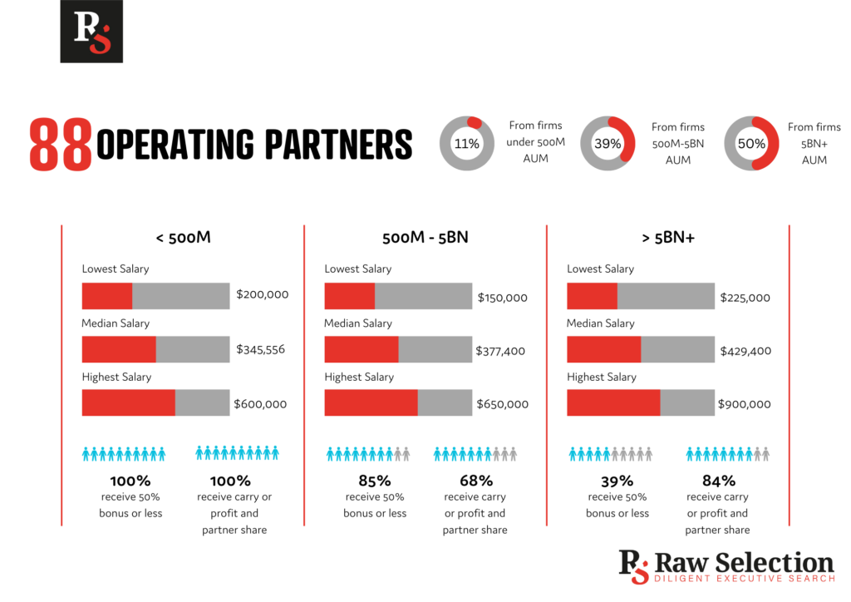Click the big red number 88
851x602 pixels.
tap(61, 145)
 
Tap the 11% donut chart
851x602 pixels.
tap(467, 143)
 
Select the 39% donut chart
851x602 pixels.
tap(608, 143)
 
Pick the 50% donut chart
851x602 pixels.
tap(751, 143)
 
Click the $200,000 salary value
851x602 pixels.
tap(263, 294)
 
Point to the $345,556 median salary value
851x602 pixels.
tap(260, 349)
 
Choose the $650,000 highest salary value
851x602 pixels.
tap(502, 404)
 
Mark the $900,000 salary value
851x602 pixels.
tap(745, 404)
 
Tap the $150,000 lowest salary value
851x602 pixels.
tap(502, 298)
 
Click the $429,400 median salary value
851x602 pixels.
tap(745, 351)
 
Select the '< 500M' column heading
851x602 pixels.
tap(183, 238)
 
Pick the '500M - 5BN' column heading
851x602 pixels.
tap(425, 238)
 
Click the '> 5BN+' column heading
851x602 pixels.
tap(668, 238)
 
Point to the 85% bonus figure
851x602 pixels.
tap(375, 481)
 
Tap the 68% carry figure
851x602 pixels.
tap(476, 481)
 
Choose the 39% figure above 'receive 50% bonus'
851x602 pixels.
tap(617, 481)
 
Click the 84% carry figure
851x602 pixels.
tap(719, 481)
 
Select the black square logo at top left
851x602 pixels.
tap(91, 32)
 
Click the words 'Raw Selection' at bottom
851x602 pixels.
tap(745, 562)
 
